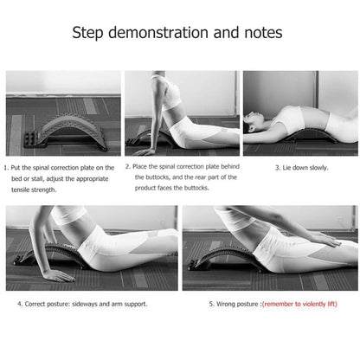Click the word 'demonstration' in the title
coord(158,32)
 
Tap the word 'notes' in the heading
coord(263,33)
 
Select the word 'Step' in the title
coord(87,33)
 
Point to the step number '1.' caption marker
coord(6,168)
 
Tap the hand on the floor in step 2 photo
coord(145,151)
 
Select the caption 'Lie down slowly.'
coord(305,168)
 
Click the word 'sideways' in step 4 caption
coord(85,304)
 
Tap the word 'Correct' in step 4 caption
coord(35,304)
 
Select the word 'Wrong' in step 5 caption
coord(226,304)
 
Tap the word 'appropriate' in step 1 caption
coord(93,179)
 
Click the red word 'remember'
coord(279,304)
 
